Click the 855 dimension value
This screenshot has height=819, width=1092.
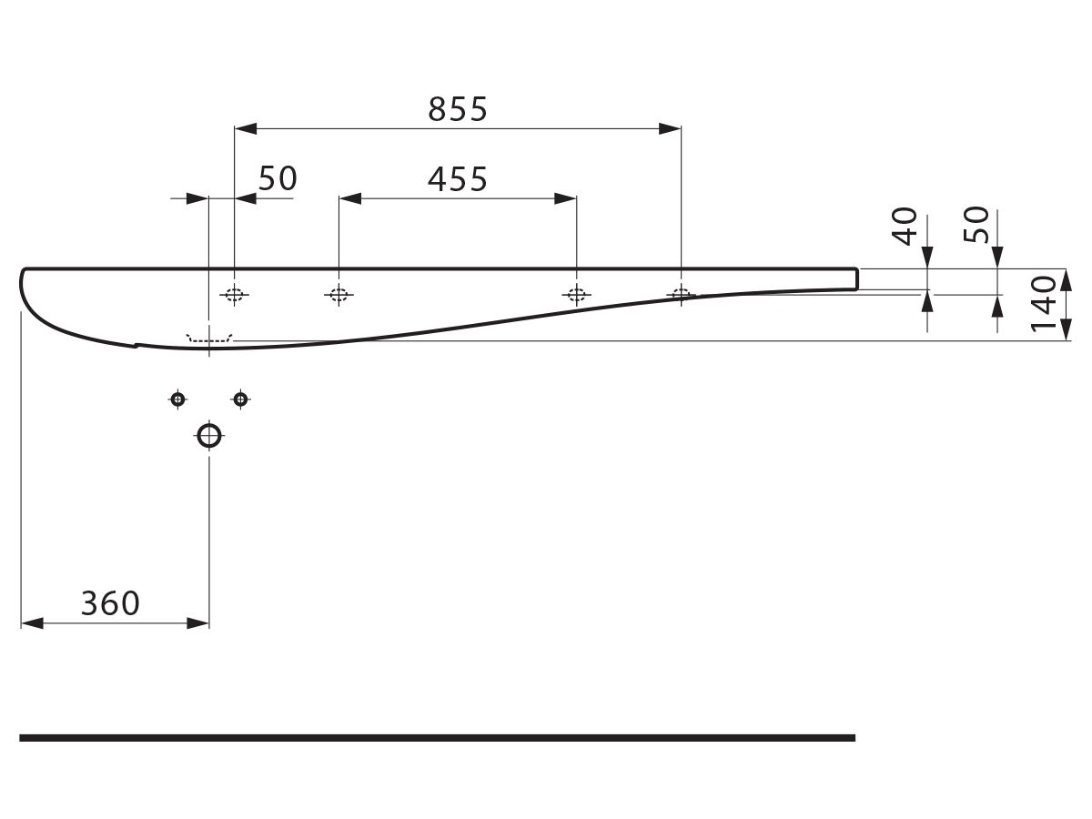(458, 109)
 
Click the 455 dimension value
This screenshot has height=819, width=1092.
(458, 179)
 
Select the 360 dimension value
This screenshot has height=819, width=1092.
(110, 603)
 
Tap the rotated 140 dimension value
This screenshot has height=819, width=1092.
(1043, 304)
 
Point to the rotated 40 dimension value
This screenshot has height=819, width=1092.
(904, 227)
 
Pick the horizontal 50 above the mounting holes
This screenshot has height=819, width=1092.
(278, 178)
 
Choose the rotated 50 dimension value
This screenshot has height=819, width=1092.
(976, 225)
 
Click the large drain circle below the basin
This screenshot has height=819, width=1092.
(209, 436)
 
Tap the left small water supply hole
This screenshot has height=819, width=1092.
(177, 399)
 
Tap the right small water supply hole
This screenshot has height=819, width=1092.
(241, 399)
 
